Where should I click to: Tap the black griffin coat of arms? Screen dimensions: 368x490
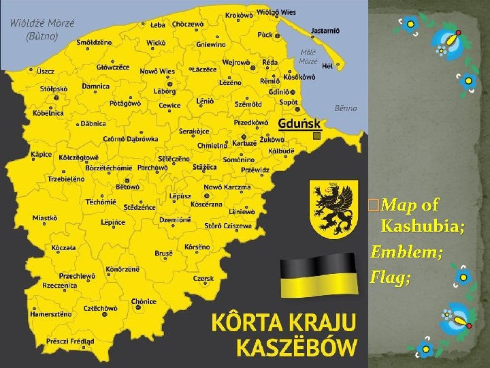tap(333, 209)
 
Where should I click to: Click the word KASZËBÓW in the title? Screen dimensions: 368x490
tap(296, 348)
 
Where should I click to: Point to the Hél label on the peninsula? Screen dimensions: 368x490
tap(327, 65)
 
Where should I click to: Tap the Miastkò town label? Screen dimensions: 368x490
tap(45, 218)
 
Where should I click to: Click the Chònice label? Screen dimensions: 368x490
tap(144, 301)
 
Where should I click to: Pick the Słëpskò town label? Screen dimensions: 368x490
tap(54, 89)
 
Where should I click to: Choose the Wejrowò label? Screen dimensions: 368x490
tap(236, 62)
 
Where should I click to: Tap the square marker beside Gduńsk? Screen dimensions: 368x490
tap(316, 136)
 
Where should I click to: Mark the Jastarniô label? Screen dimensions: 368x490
tap(325, 31)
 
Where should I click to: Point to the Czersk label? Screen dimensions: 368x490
tap(203, 278)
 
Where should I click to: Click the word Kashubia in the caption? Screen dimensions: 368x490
tap(423, 227)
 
